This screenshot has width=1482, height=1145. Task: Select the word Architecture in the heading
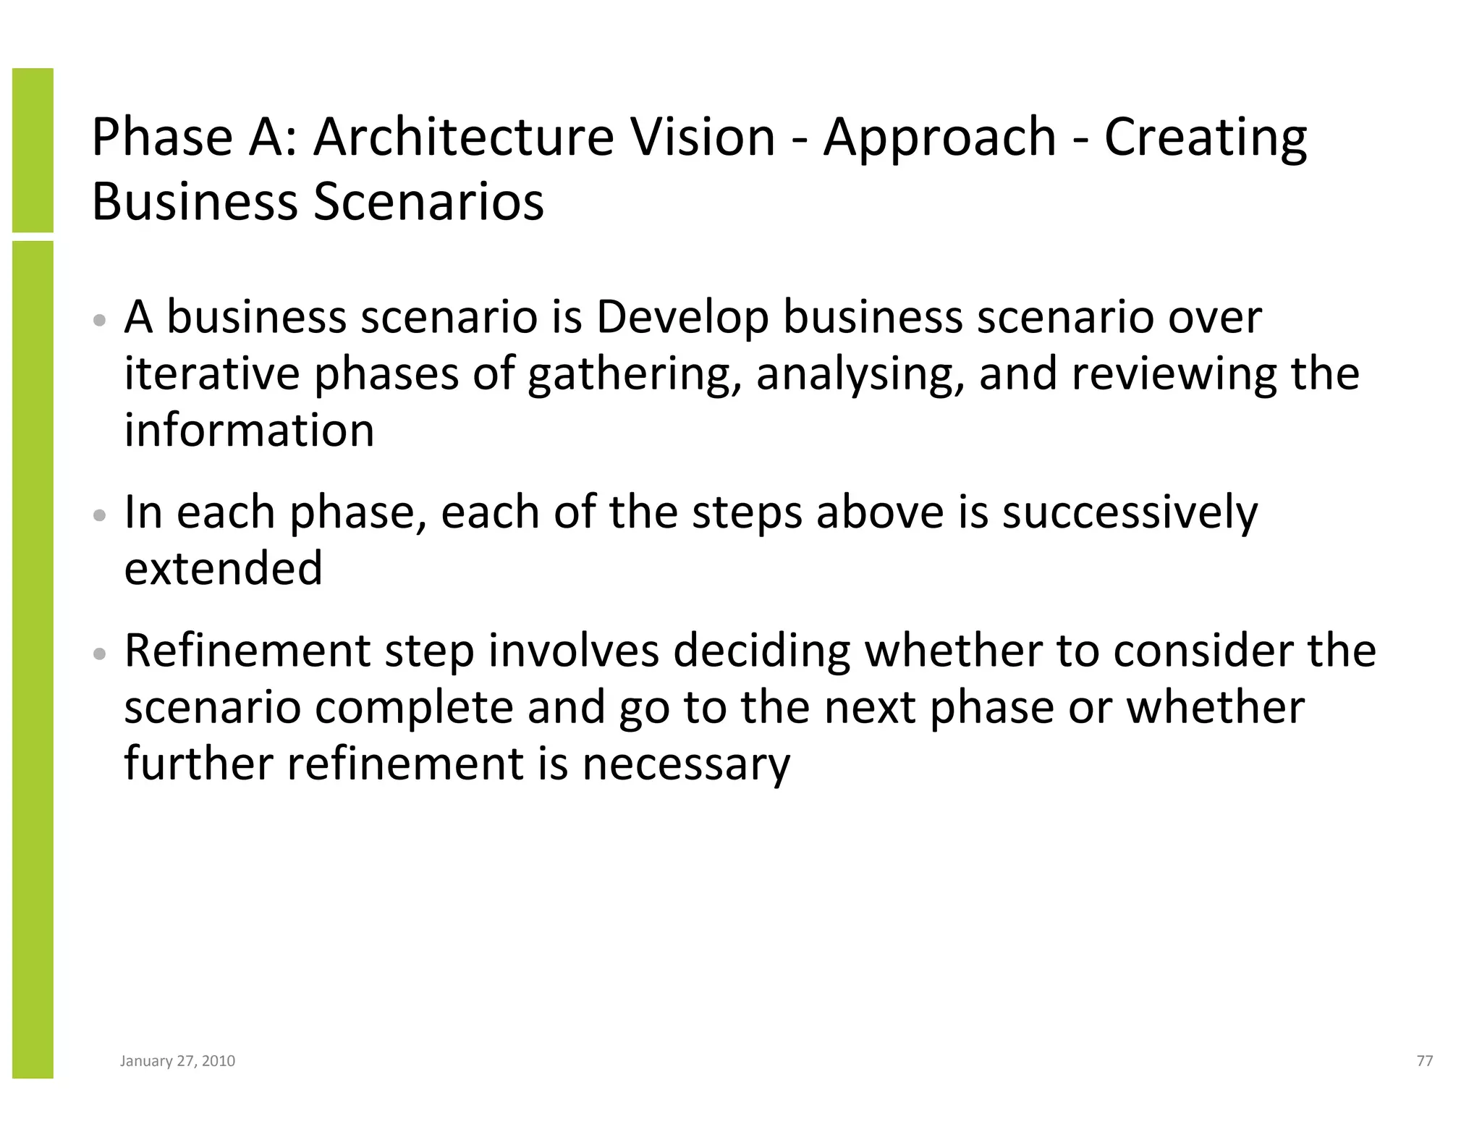click(463, 137)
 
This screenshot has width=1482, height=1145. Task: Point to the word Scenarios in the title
click(428, 202)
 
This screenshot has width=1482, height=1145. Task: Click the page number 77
click(1424, 1061)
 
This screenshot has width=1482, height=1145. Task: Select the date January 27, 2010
click(177, 1061)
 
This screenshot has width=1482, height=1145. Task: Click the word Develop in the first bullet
click(682, 318)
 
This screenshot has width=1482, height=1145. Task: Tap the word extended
click(223, 568)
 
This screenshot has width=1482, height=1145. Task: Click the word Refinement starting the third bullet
click(247, 650)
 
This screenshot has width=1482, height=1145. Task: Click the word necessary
click(686, 765)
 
